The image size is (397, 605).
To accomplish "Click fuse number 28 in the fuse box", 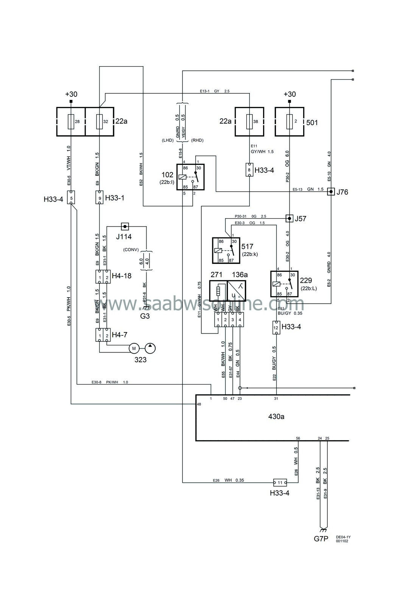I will click(71, 122).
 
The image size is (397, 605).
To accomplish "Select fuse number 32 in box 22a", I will click(100, 122).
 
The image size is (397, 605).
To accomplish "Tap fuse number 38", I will click(249, 122).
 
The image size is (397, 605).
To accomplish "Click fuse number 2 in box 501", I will click(289, 122).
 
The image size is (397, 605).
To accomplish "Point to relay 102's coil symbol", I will click(182, 177).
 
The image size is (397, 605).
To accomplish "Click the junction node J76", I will click(331, 192).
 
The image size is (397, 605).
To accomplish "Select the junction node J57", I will click(289, 219).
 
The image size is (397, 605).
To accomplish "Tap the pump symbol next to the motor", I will click(150, 348).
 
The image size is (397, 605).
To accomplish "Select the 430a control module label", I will click(276, 417).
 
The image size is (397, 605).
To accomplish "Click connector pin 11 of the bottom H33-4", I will click(280, 482).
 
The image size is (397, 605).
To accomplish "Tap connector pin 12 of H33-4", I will click(276, 327).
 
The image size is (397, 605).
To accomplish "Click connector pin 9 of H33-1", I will click(100, 197).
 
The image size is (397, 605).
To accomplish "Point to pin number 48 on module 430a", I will click(199, 404).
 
